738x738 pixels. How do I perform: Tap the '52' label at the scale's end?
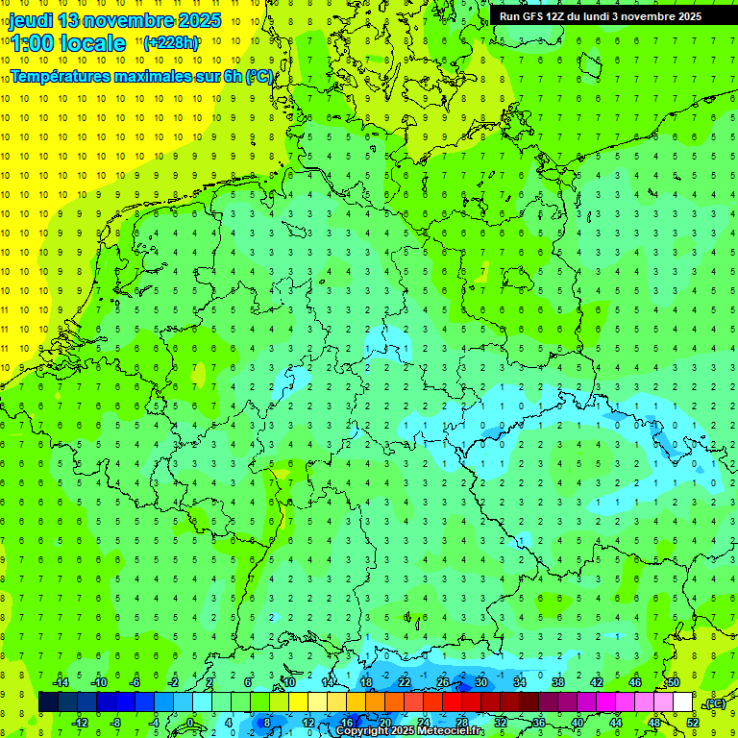(692, 723)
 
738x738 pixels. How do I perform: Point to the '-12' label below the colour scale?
(80, 723)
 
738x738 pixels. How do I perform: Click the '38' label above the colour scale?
(557, 682)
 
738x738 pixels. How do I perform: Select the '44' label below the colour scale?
(615, 723)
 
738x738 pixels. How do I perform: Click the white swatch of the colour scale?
(682, 702)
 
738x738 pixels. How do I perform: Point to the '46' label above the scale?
(634, 682)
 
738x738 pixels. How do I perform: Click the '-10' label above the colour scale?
(98, 682)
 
